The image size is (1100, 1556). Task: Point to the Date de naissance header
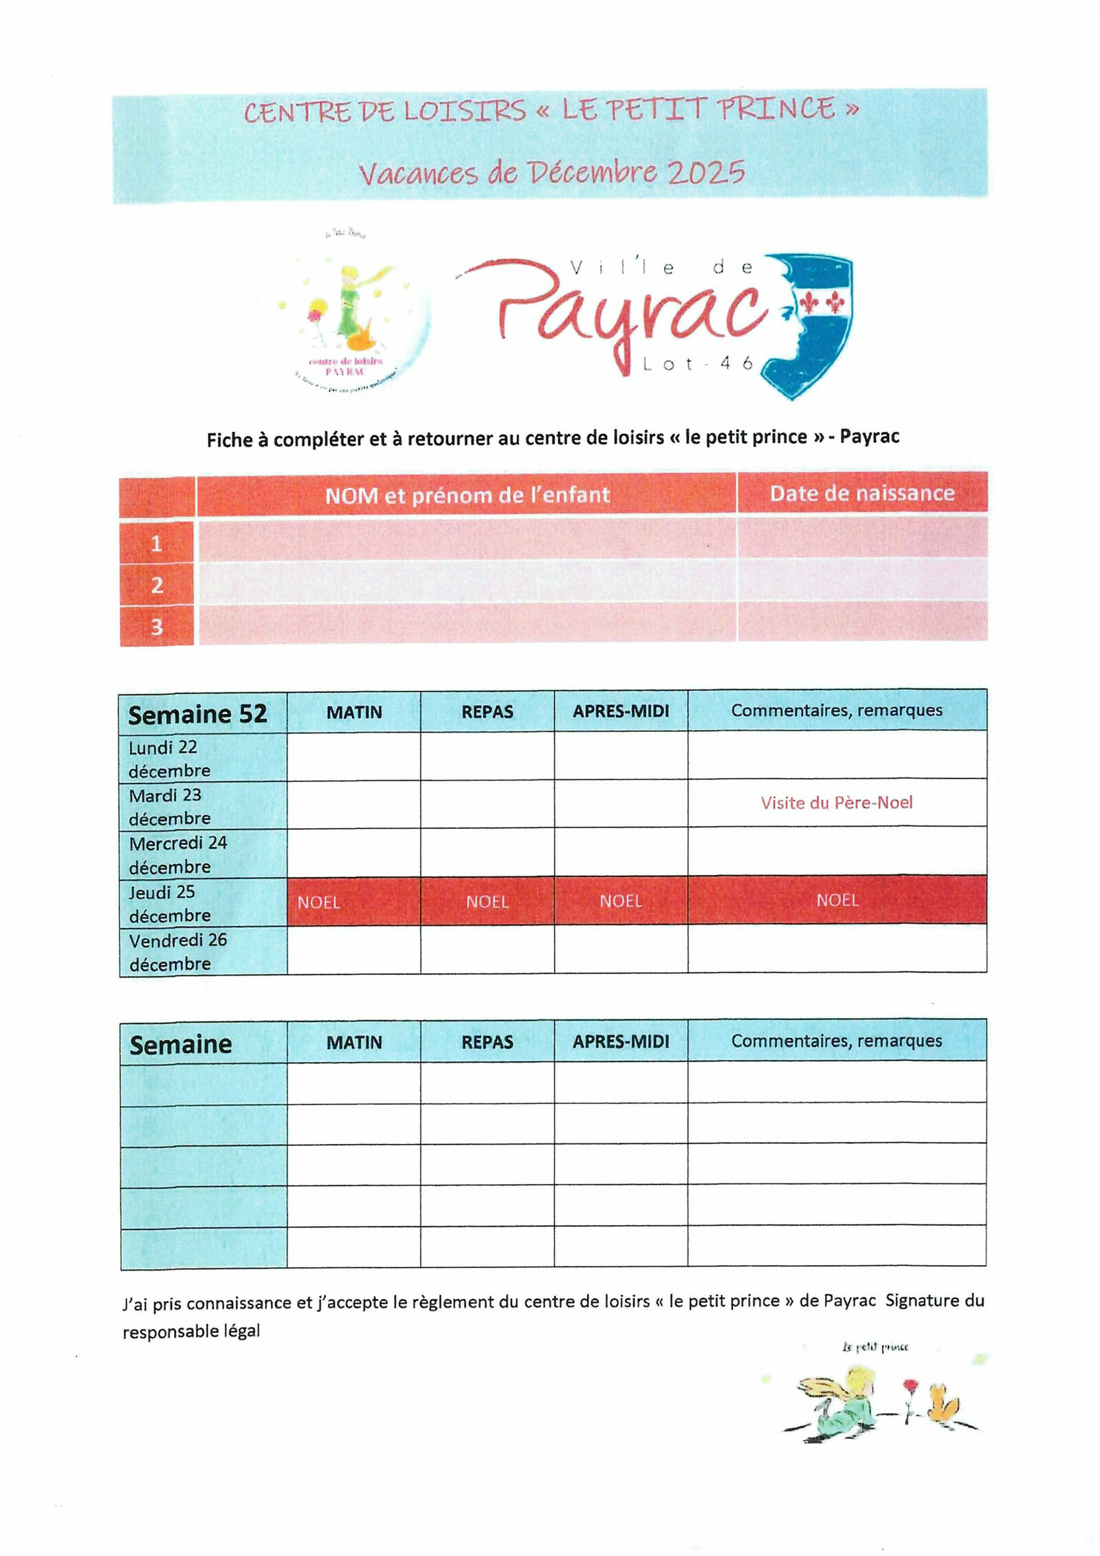(861, 493)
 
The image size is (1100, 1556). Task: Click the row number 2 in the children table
(157, 585)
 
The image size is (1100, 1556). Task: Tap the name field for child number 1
(466, 541)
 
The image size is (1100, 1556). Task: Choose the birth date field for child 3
(861, 623)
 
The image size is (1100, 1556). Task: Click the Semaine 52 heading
(197, 714)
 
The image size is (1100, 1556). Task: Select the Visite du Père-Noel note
(836, 803)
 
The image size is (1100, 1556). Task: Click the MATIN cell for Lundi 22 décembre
(353, 756)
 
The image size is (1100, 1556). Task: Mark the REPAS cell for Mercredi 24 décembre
(487, 852)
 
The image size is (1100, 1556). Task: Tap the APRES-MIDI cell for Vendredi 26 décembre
(620, 949)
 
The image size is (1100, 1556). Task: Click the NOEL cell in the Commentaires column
(837, 900)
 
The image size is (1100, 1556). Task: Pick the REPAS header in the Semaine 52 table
(487, 712)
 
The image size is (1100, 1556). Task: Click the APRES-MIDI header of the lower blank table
(620, 1041)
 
